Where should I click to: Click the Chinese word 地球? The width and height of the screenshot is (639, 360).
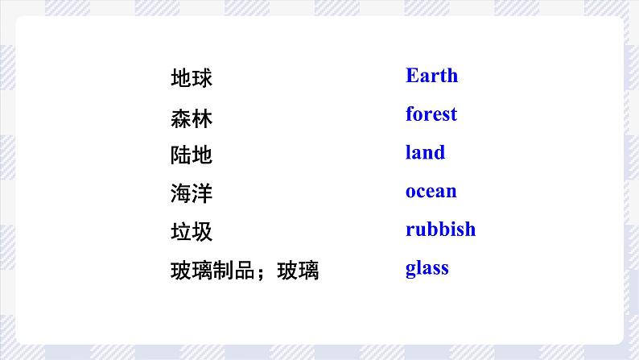[x=192, y=79]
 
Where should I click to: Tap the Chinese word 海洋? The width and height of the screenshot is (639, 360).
[x=192, y=194]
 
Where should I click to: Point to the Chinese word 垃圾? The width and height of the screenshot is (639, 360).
[x=192, y=233]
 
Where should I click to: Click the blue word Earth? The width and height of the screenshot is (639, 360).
[x=431, y=76]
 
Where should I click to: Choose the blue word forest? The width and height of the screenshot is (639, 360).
[x=431, y=114]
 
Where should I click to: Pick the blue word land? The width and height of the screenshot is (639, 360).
[x=425, y=152]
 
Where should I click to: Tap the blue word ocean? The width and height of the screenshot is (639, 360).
[x=431, y=191]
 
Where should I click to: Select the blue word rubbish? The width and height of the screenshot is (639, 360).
[x=440, y=230]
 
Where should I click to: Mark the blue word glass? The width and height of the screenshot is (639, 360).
[x=427, y=268]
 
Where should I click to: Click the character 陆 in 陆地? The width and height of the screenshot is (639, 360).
[x=181, y=155]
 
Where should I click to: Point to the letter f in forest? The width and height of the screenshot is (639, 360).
[x=410, y=114]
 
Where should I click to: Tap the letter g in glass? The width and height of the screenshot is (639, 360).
[x=410, y=269]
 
